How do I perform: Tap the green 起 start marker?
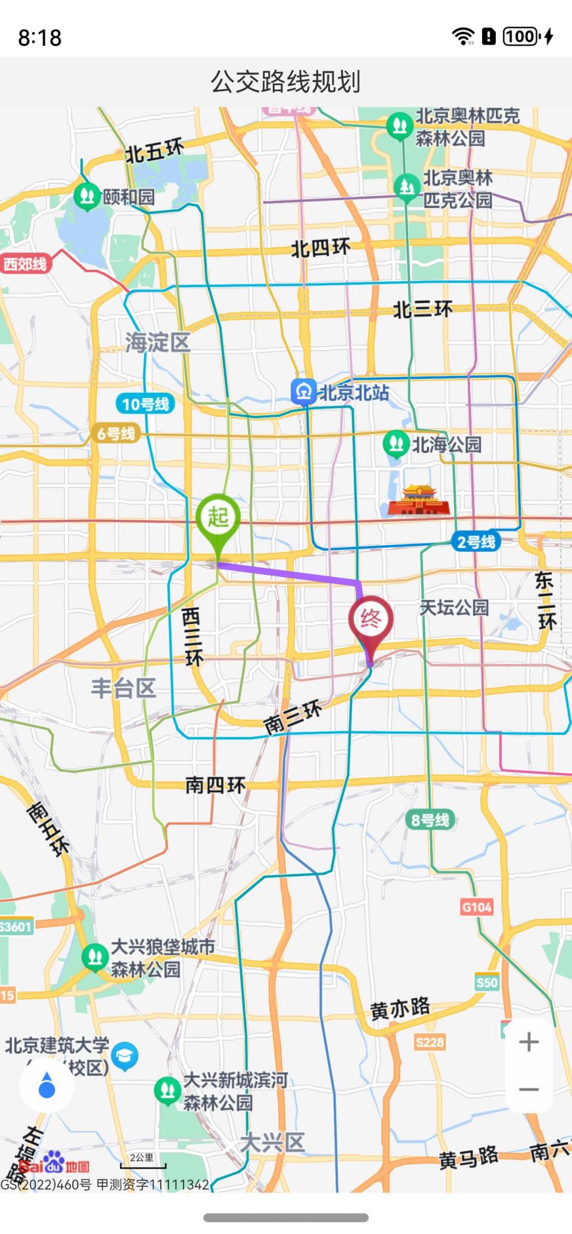pos(218,517)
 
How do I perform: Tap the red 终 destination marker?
pos(371,619)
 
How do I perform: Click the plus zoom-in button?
pos(529,1042)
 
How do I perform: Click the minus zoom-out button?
pos(529,1089)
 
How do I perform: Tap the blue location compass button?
pos(46,1086)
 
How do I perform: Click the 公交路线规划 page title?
pos(285,82)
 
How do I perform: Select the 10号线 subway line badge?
pos(145,404)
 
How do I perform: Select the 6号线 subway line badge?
pos(116,433)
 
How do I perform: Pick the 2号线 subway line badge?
pos(475,542)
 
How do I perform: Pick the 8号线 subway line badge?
pos(430,820)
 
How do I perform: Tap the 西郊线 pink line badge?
pos(25,264)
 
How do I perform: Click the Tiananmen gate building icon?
pos(419,500)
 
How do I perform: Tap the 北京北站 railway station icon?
pos(303,392)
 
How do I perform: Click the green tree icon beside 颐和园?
pos(87,195)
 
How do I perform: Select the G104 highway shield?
pos(477,907)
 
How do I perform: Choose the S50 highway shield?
pos(486,982)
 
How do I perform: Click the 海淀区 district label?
pos(157,342)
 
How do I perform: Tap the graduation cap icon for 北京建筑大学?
pos(125,1057)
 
